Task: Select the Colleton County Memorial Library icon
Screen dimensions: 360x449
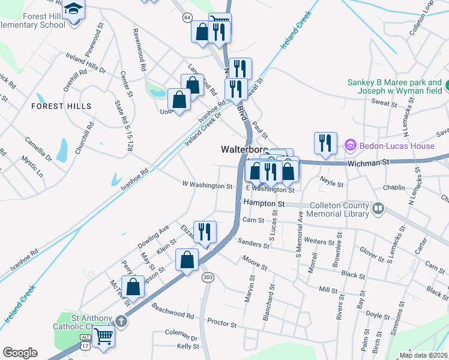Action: (378, 208)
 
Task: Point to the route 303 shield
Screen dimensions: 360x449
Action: (207, 277)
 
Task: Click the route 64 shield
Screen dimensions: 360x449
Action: (187, 18)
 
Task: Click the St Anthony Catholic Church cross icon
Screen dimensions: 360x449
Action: (121, 320)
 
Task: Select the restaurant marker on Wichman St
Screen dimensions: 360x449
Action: (325, 143)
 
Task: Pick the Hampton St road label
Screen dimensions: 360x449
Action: (264, 204)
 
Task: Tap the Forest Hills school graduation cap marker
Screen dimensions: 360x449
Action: (74, 10)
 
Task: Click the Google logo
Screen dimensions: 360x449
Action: (20, 353)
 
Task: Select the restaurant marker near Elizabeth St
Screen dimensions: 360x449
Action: (205, 231)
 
